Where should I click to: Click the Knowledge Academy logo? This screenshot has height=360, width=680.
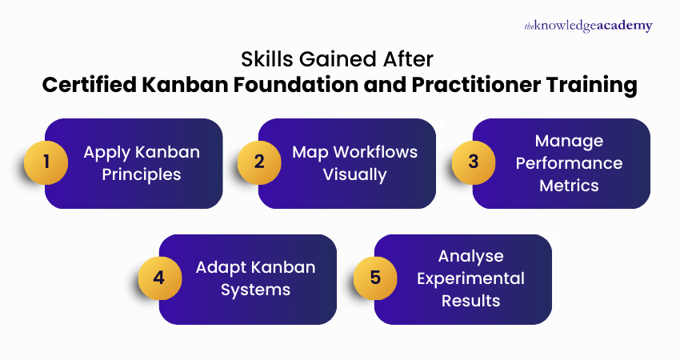point(588,26)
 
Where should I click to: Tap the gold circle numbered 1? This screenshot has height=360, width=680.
point(46,162)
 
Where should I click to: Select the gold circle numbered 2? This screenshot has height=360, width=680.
point(259,162)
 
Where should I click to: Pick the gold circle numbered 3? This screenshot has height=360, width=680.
point(474,162)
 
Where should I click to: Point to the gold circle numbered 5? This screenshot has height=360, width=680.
point(375,278)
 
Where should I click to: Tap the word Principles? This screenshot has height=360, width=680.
point(142,174)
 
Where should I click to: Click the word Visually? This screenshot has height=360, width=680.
point(354,174)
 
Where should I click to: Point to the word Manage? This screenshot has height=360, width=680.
point(569,141)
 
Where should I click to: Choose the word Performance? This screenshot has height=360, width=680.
point(569,163)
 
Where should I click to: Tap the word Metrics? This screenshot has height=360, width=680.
point(569,186)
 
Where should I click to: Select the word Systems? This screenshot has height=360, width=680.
point(255,290)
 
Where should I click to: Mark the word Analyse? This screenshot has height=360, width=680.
point(470,256)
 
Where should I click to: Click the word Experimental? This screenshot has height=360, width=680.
point(470,278)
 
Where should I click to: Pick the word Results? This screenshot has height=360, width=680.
point(470,301)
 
